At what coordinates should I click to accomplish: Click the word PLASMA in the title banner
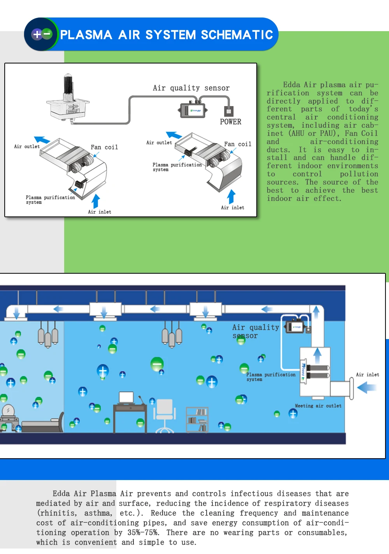[x=86, y=35]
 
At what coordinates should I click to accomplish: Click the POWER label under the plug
[x=230, y=122]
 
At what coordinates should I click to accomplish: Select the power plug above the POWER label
[x=229, y=111]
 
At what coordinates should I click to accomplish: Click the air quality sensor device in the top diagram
[x=193, y=110]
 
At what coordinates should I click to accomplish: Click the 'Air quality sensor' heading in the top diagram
[x=191, y=88]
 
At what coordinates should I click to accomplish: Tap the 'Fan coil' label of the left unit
[x=104, y=147]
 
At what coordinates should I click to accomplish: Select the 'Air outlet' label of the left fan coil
[x=27, y=147]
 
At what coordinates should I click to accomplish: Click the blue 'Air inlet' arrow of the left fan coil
[x=96, y=201]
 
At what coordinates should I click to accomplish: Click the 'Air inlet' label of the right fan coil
[x=233, y=208]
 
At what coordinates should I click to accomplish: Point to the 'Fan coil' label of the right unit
[x=238, y=144]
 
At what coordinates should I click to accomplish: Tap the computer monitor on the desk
[x=126, y=397]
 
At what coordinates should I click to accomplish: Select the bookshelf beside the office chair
[x=197, y=419]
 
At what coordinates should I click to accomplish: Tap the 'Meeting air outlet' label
[x=318, y=406]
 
